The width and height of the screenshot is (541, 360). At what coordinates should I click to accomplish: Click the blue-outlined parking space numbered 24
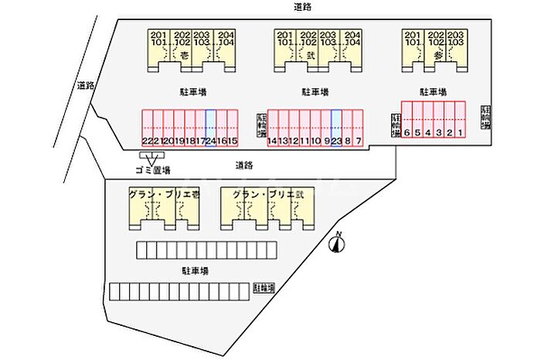pos(210,128)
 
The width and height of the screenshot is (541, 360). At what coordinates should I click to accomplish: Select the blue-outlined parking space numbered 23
pos(336,128)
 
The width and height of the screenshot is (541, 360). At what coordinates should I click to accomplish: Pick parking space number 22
pos(146,128)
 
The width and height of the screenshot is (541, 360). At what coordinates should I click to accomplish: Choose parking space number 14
pos(272,128)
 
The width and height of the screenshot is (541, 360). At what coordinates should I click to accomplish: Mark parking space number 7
pos(359,128)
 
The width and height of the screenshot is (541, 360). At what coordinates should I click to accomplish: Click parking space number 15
pos(232,128)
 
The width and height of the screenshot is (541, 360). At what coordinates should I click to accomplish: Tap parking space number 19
pos(179,128)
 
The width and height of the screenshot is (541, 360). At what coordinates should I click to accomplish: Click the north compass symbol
pos(338,244)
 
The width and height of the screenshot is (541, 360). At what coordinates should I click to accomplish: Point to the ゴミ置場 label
pos(152,169)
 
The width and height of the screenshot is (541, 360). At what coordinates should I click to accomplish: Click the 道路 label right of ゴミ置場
pos(245,165)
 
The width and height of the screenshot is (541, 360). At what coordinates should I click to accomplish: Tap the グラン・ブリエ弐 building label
pos(261,194)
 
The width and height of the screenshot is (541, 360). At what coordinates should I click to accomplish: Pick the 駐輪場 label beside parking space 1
pos(485,118)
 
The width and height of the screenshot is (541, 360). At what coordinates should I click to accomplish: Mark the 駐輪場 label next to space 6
pos(395,124)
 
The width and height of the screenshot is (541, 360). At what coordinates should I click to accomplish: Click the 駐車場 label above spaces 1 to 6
pos(434,91)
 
